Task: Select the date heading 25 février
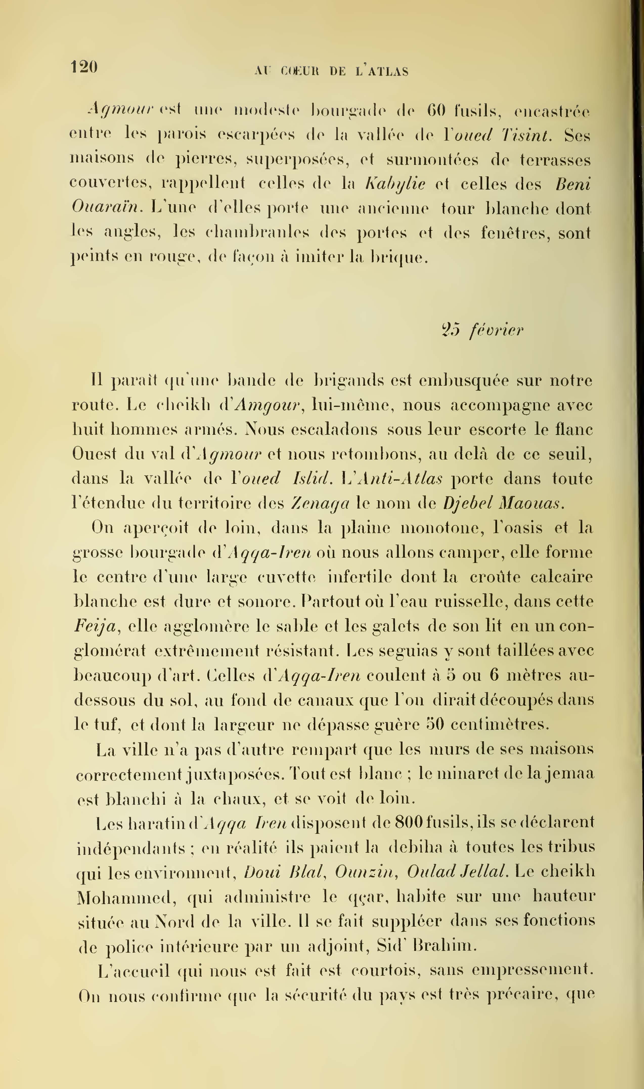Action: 482,331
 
